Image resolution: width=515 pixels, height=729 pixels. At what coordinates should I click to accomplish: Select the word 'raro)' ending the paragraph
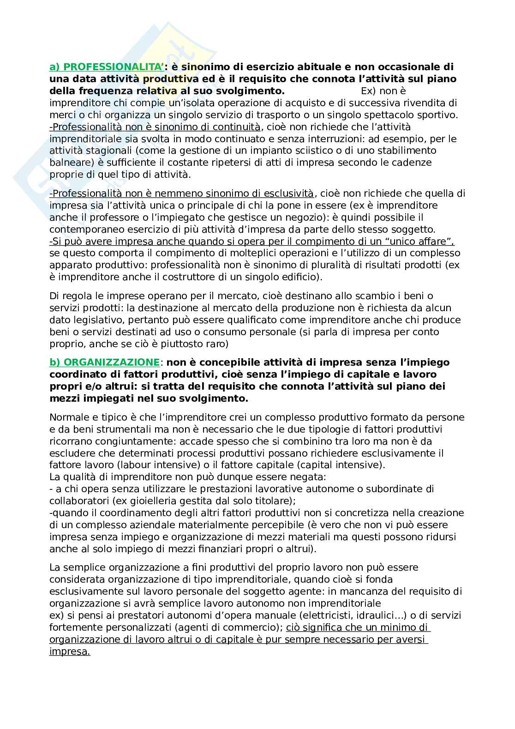pos(217,343)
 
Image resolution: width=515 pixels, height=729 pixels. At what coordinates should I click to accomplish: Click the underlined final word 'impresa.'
pos(70,651)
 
